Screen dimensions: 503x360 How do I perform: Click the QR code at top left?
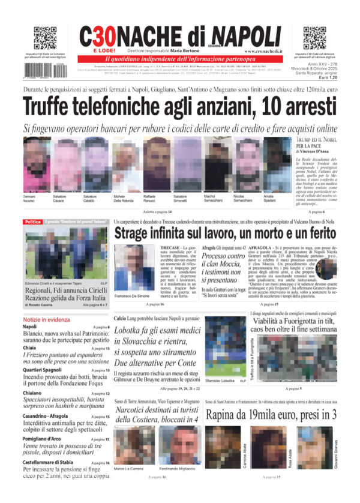(x=45, y=38)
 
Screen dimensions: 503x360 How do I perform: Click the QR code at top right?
(x=314, y=38)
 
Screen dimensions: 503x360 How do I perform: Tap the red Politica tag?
(x=32, y=222)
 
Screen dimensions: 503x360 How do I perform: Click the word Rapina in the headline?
(x=225, y=414)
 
